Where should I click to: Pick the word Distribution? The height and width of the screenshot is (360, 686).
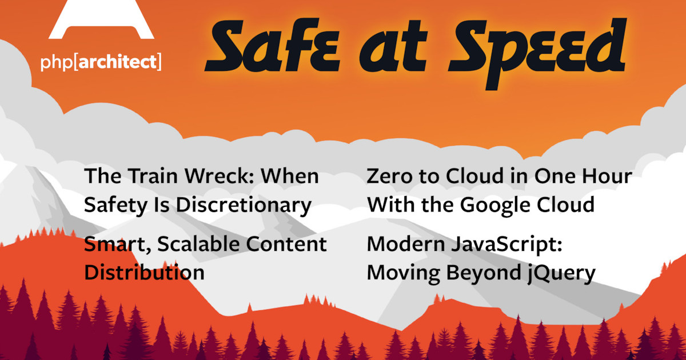click(144, 273)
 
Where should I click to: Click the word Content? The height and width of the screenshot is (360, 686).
click(286, 245)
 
